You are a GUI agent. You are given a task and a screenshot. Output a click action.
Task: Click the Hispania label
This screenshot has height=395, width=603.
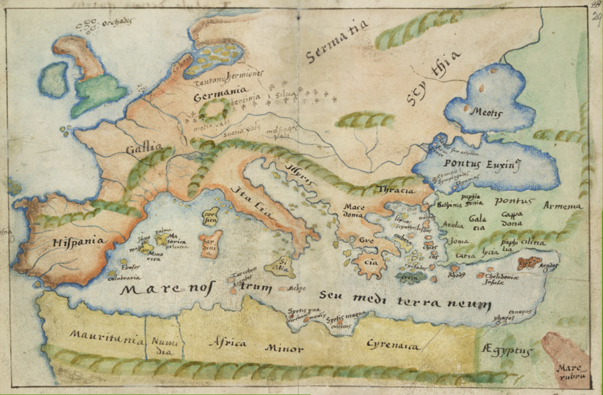(x=79, y=242)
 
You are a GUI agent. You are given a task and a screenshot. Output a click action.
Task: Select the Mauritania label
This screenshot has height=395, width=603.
(x=107, y=337)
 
